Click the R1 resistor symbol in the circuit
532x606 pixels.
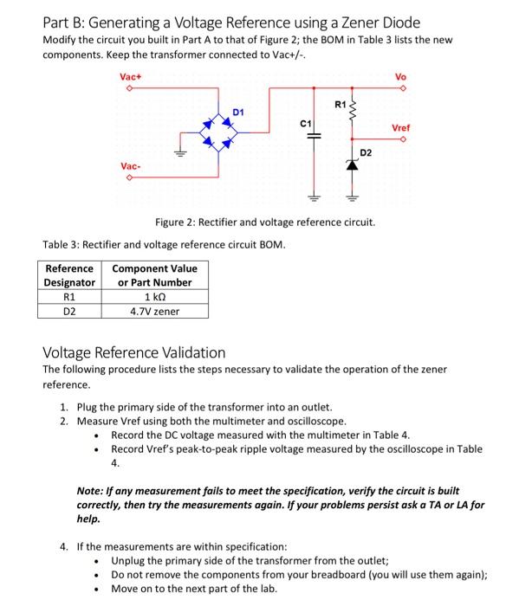(352, 108)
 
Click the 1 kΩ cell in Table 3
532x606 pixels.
(154, 297)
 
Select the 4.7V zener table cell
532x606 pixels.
(154, 312)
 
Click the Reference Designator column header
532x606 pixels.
(70, 275)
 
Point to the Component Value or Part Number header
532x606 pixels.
(154, 275)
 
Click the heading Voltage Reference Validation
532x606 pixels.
(134, 352)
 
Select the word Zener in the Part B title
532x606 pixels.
(359, 22)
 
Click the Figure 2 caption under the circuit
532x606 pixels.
(264, 222)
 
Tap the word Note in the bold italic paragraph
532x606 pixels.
(92, 490)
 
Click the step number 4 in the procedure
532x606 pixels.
(64, 547)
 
